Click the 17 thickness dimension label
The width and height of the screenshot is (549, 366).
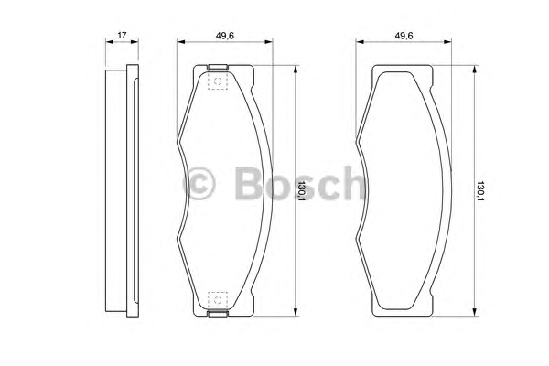pyautogui.click(x=122, y=35)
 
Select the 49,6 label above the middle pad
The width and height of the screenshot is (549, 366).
pyautogui.click(x=225, y=36)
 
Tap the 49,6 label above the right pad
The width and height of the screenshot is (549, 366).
pyautogui.click(x=404, y=36)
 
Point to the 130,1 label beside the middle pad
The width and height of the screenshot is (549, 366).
pyautogui.click(x=302, y=191)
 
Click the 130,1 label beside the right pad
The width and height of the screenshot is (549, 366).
pyautogui.click(x=480, y=191)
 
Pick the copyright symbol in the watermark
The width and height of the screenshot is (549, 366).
pyautogui.click(x=199, y=183)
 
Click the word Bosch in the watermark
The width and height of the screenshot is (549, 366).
pyautogui.click(x=300, y=183)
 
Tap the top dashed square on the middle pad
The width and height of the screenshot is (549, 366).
pyautogui.click(x=218, y=81)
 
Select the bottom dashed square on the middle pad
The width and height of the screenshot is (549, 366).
pyautogui.click(x=218, y=300)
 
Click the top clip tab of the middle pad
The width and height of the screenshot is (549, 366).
pyautogui.click(x=218, y=67)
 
